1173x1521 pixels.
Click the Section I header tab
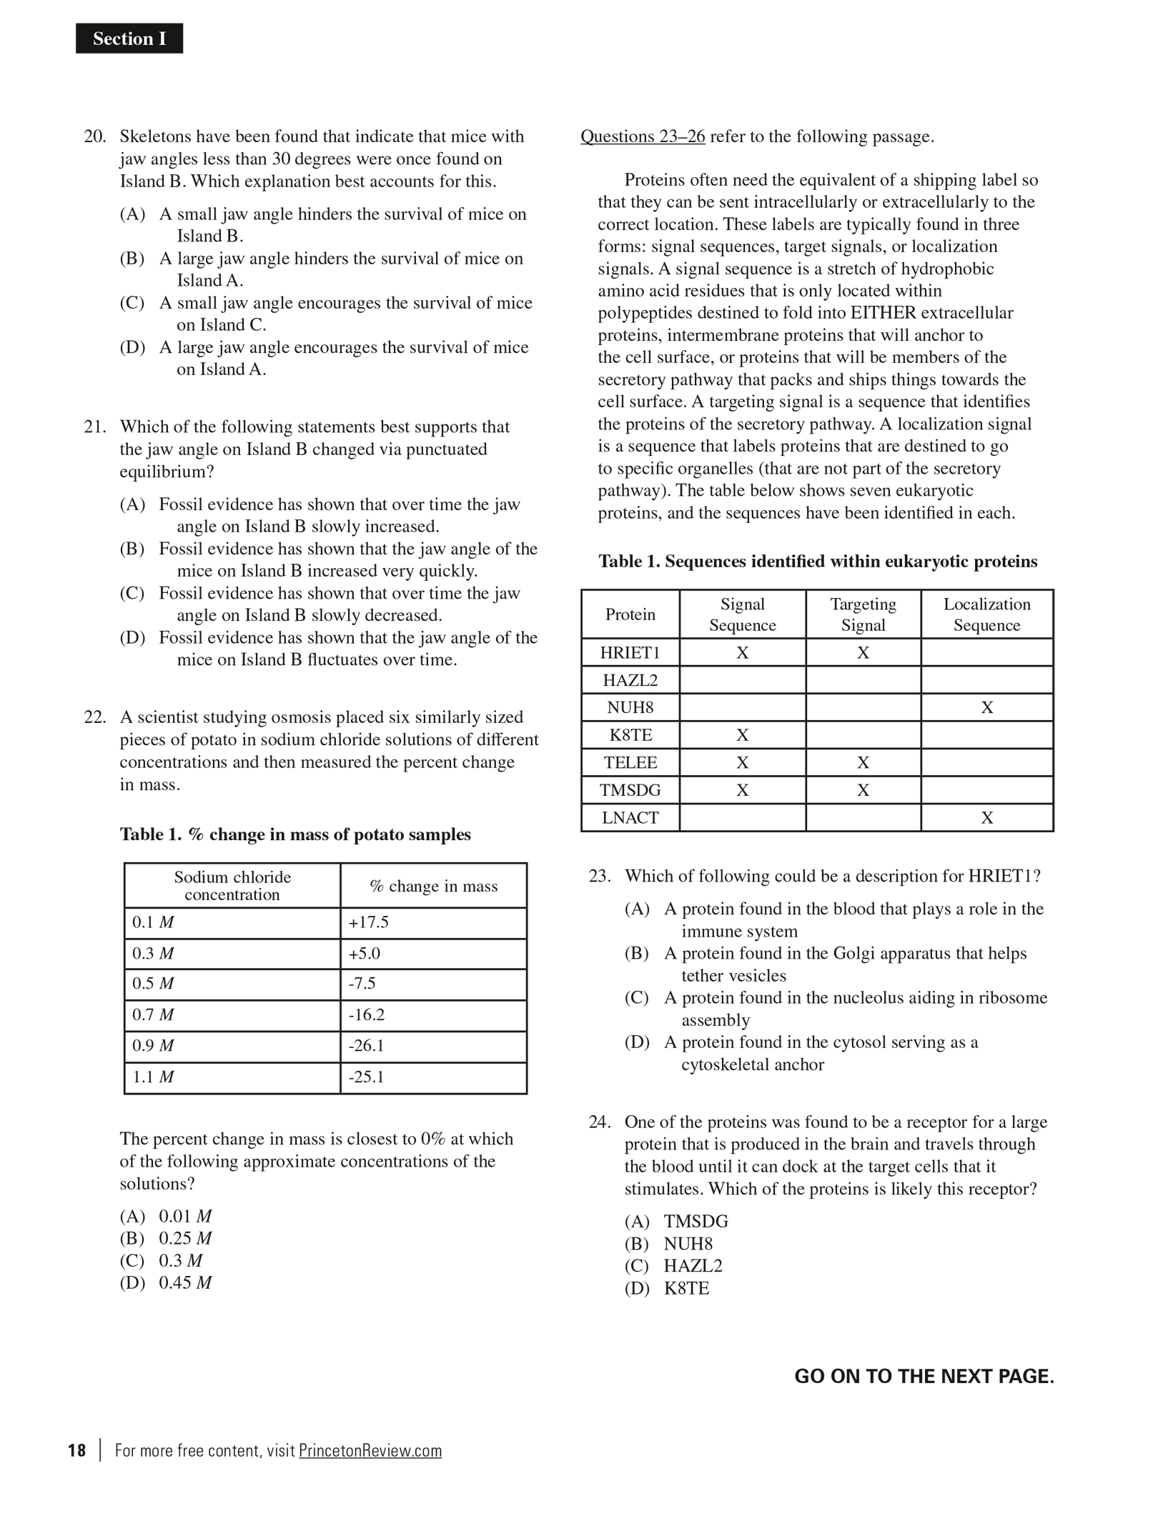click(129, 39)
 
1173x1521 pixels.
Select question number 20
click(94, 136)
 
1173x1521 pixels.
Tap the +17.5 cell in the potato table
click(368, 922)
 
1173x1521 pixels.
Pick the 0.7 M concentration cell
click(153, 1014)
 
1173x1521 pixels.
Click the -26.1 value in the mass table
click(366, 1046)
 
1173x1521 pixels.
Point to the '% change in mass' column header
click(433, 886)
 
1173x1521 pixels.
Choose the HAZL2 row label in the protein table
click(630, 680)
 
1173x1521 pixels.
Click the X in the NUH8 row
click(986, 707)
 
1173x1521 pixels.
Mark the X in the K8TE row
click(742, 735)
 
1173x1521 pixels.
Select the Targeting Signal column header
click(863, 614)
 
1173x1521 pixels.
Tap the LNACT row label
click(630, 817)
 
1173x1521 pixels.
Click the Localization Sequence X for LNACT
click(986, 817)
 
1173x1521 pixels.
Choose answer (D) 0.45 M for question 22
click(166, 1282)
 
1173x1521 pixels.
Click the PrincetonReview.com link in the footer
click(370, 1450)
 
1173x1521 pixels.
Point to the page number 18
click(77, 1450)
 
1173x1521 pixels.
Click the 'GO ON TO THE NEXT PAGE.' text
click(924, 1376)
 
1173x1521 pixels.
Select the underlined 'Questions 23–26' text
click(642, 136)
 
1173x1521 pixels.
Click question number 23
click(599, 876)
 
